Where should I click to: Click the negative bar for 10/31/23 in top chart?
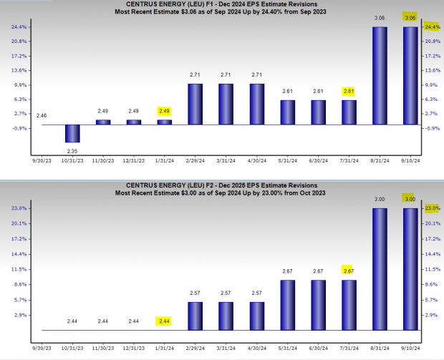72,133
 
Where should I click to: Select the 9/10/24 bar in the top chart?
410,76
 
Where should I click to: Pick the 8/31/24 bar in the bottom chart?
380,269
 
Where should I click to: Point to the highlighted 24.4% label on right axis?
432,27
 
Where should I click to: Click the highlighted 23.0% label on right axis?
432,208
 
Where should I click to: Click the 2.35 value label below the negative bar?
72,150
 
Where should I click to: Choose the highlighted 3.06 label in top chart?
410,17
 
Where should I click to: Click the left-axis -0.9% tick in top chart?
19,128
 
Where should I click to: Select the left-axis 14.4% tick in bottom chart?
19,254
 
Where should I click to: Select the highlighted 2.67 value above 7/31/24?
349,271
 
